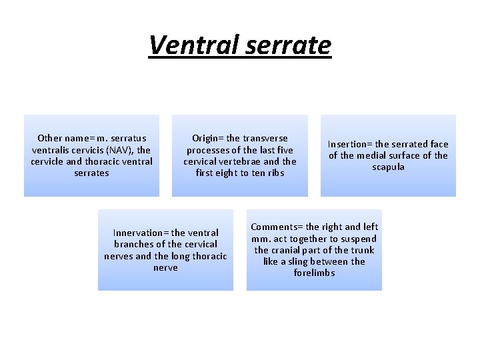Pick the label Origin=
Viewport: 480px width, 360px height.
[x=207, y=139]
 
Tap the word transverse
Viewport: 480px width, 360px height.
[x=265, y=139]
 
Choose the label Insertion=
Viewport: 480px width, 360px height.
[x=348, y=144]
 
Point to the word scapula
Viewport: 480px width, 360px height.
[x=388, y=167]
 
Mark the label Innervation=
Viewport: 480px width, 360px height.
[x=141, y=233]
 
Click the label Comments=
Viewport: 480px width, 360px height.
[x=276, y=227]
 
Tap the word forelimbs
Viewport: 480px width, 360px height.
[x=314, y=273]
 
